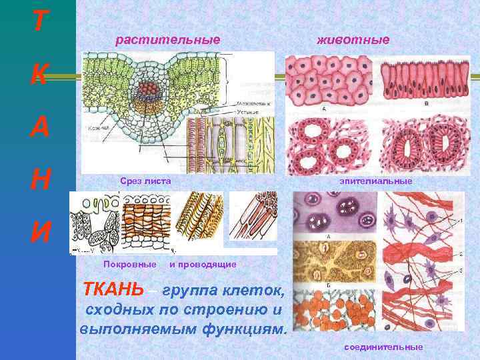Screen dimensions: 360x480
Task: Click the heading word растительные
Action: coord(167,40)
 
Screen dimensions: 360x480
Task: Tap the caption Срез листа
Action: coord(145,181)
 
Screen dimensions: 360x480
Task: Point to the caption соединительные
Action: coord(383,347)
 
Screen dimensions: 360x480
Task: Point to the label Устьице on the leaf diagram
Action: coord(247,112)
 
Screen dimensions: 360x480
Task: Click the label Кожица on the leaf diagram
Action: coord(94,127)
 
